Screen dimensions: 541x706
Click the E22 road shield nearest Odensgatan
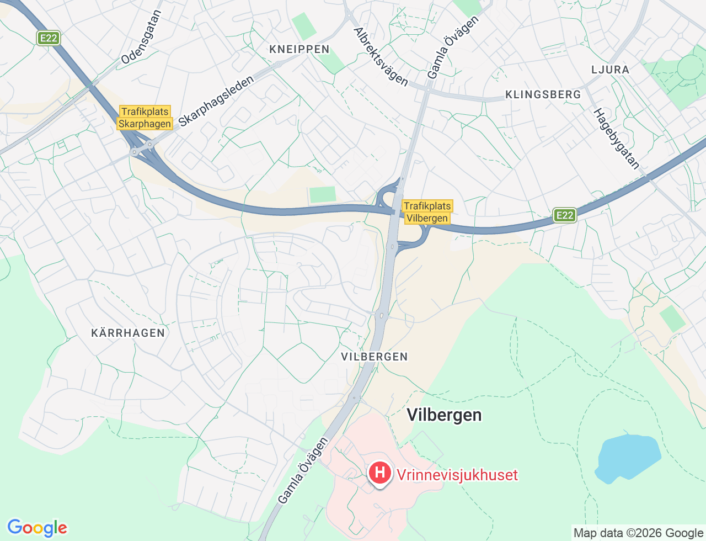[49, 38]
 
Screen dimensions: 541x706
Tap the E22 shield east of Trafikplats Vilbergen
[564, 215]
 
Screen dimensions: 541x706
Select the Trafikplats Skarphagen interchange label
[145, 118]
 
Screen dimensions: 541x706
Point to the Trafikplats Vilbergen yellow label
[427, 212]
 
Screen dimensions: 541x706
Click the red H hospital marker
[379, 473]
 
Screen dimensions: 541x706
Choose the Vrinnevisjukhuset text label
[457, 475]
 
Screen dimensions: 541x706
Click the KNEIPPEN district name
[299, 49]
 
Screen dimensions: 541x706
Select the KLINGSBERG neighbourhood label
[543, 94]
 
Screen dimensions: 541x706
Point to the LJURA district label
[610, 70]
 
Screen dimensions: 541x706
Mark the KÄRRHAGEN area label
[128, 333]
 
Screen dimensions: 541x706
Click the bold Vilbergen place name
[444, 415]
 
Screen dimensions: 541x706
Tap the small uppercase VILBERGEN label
[375, 357]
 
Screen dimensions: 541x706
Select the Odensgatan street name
[141, 37]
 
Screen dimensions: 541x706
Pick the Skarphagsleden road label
[216, 101]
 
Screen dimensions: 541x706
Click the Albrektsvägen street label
[381, 57]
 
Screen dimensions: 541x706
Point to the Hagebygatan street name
[616, 139]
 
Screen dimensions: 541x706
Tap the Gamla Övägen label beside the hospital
[303, 470]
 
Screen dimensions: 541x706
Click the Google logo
[37, 528]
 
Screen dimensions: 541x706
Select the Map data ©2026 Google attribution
[638, 533]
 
